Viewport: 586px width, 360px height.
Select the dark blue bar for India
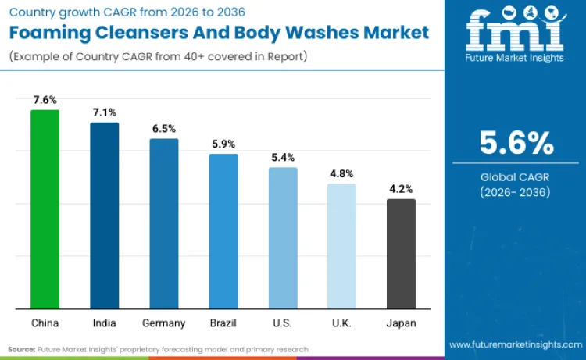(104, 216)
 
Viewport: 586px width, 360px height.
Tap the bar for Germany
(164, 223)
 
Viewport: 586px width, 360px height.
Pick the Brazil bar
(223, 231)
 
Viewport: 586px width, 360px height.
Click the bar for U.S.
(283, 238)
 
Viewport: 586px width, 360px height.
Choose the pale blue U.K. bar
(341, 246)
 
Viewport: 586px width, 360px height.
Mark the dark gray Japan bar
(401, 254)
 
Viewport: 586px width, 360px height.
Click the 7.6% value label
(45, 100)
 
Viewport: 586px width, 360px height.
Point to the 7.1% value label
(104, 113)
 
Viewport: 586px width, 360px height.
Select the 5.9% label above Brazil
(223, 144)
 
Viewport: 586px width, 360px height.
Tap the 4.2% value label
(401, 189)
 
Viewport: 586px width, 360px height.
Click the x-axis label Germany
(164, 323)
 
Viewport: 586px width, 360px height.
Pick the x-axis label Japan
(401, 323)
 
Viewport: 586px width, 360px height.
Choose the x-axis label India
(104, 323)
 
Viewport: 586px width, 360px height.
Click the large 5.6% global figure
(516, 143)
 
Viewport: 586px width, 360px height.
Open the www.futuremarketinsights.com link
(516, 344)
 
